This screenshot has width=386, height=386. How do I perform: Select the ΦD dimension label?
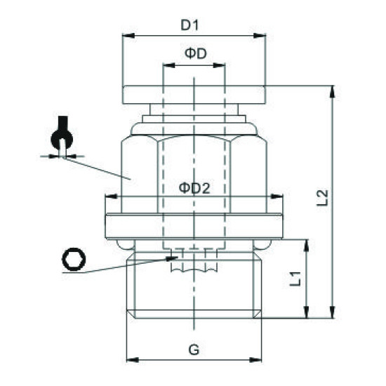(x=194, y=53)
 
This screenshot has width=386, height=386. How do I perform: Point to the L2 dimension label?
(x=322, y=199)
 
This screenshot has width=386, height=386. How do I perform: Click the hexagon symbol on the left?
(x=72, y=261)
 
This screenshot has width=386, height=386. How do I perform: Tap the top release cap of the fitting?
(x=194, y=93)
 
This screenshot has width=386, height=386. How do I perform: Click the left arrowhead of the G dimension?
(x=128, y=360)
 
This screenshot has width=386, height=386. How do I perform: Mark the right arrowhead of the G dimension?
(x=259, y=360)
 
